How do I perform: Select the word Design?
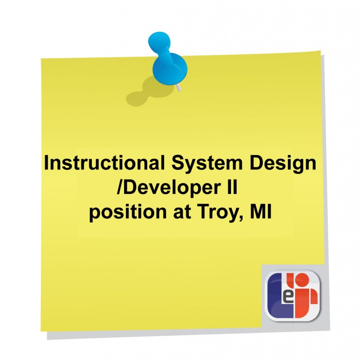click(x=283, y=164)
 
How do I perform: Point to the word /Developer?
click(x=169, y=188)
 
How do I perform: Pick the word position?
click(x=128, y=212)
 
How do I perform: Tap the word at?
click(x=182, y=212)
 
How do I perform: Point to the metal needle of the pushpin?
click(x=178, y=87)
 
